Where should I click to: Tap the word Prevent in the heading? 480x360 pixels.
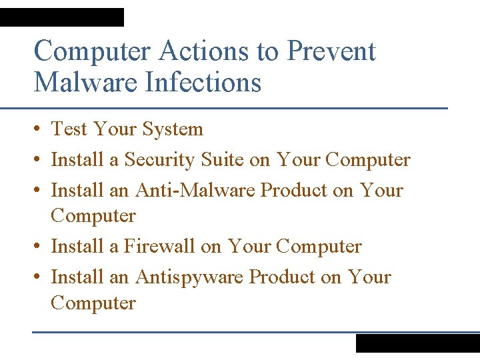point(331,51)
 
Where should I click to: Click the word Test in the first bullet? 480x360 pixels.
point(69,129)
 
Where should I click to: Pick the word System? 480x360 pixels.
point(173,129)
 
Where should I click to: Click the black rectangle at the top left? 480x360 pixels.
point(62,17)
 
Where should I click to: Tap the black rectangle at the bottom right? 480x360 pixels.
point(417,343)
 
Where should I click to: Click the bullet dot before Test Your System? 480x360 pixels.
point(38,129)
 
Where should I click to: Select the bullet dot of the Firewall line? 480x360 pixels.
point(38,247)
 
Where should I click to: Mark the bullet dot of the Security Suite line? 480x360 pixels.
point(38,161)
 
